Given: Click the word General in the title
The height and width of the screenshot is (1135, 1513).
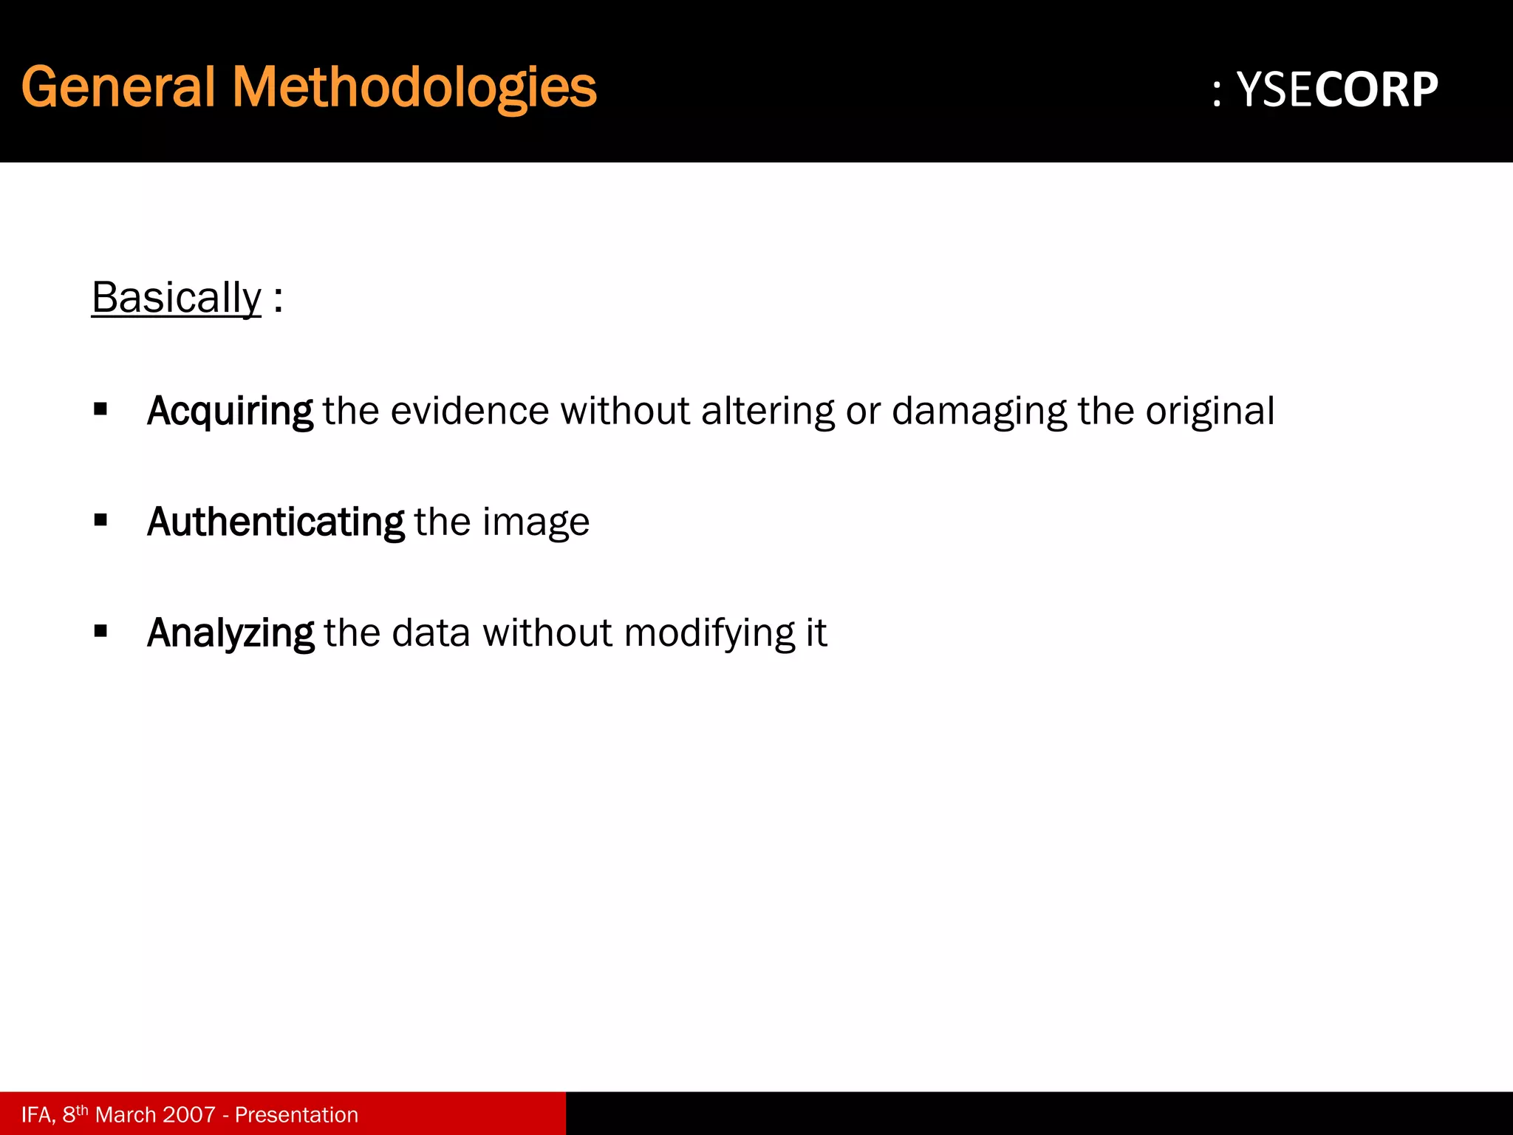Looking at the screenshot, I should click(118, 87).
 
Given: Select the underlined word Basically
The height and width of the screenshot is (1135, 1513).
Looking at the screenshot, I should click(177, 298).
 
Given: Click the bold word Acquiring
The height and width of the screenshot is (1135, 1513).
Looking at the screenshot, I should click(230, 411).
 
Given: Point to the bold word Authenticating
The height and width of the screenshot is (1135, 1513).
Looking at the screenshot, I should click(276, 522).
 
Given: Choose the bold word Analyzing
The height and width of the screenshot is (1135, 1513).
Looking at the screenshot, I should click(230, 633).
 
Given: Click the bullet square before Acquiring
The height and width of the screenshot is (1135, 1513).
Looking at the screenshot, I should click(101, 409).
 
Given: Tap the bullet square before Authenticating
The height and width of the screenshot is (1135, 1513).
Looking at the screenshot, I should click(101, 520).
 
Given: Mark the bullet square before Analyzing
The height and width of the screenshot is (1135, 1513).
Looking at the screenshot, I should click(101, 631).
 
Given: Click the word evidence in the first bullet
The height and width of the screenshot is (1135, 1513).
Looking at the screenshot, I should click(470, 411).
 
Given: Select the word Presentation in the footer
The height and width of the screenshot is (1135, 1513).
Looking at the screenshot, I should click(296, 1114).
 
